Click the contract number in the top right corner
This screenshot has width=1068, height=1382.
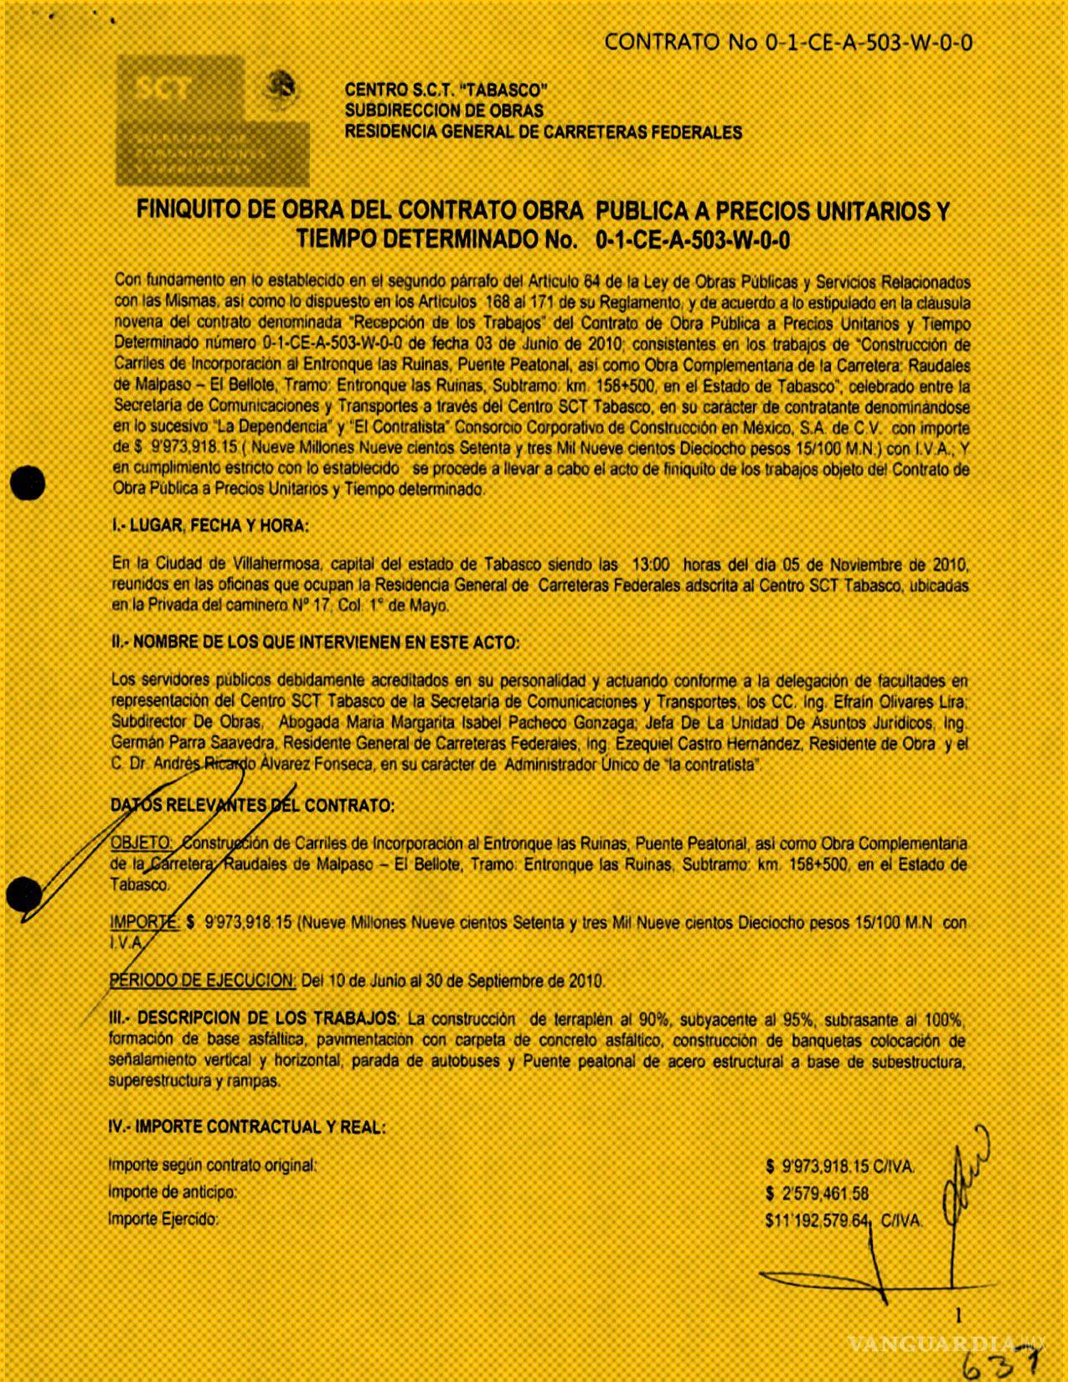click(x=787, y=43)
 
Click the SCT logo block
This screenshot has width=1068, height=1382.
click(x=212, y=121)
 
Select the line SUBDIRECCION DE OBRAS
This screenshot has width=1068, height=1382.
click(x=444, y=111)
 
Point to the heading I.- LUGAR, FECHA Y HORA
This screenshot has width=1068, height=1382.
click(x=209, y=526)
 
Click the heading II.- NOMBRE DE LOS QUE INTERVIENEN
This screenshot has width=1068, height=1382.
click(x=315, y=642)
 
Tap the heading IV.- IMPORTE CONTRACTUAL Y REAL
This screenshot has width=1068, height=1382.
click(x=247, y=1127)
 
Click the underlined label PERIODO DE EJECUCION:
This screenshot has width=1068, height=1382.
click(x=203, y=980)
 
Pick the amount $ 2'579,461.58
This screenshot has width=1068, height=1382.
click(x=820, y=1194)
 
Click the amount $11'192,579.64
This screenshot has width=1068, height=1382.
click(x=820, y=1221)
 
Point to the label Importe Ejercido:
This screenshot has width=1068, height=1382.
click(x=163, y=1220)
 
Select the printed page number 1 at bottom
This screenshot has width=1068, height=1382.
click(x=959, y=1315)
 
